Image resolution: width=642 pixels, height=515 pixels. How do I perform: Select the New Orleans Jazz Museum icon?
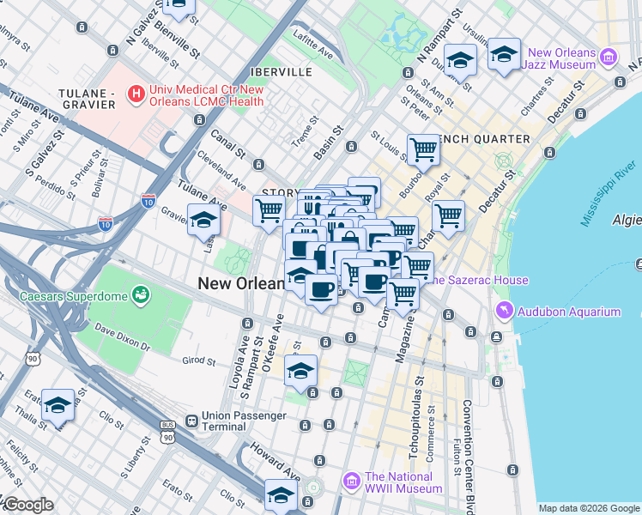coord(609,58)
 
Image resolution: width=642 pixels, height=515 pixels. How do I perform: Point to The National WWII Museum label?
coord(403,482)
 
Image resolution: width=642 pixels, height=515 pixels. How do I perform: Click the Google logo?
coord(27,505)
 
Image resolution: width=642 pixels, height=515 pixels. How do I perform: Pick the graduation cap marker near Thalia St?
coord(58,405)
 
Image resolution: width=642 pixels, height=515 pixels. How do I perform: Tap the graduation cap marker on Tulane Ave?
coord(203,221)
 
